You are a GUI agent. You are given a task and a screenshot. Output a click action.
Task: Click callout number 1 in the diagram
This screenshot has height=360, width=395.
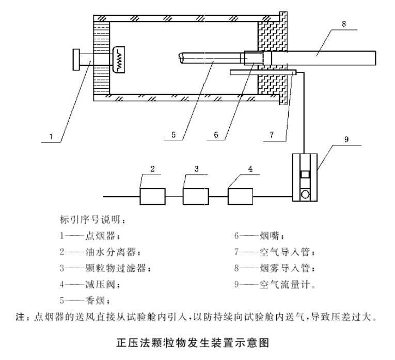[x=51, y=137]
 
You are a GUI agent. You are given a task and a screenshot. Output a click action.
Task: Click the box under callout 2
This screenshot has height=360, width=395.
[x=152, y=197]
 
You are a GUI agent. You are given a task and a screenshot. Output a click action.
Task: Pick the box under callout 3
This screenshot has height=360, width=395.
[x=196, y=197]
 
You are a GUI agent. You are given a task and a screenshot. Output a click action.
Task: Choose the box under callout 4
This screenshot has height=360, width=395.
[x=240, y=197]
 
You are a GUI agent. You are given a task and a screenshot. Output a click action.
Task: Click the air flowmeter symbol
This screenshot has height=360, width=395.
[x=305, y=178]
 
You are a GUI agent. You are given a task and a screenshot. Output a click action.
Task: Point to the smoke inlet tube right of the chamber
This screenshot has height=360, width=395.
[x=330, y=57]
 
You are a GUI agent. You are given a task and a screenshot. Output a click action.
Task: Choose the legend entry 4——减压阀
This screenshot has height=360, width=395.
[x=93, y=284]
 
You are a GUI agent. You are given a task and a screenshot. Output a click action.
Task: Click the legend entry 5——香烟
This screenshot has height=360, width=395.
[x=85, y=300]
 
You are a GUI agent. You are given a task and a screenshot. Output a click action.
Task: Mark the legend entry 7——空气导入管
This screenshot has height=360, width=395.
[x=274, y=253]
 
